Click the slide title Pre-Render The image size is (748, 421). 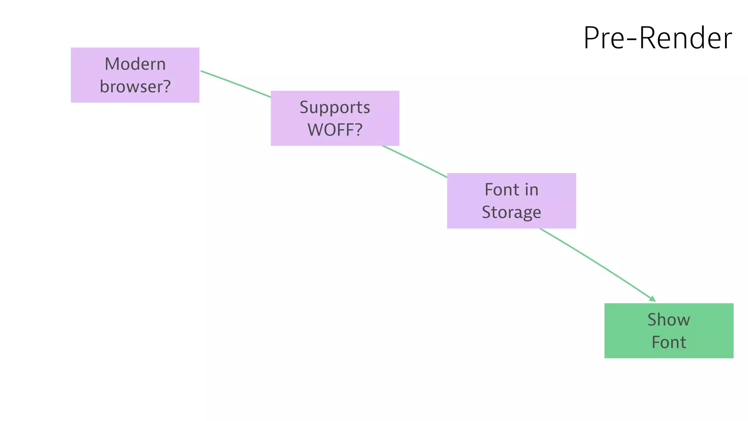(657, 38)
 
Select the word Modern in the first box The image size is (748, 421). (135, 64)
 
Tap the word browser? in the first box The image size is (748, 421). (135, 87)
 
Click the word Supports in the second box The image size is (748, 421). (335, 107)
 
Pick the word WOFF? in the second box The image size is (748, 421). (335, 130)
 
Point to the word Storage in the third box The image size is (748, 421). (511, 212)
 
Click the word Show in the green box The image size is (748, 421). (669, 320)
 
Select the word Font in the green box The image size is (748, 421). (669, 342)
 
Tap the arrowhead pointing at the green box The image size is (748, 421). (653, 299)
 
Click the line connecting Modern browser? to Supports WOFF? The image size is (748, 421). (236, 84)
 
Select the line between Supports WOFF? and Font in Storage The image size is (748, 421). (415, 162)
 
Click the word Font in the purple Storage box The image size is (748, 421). (502, 190)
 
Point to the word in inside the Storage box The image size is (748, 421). (531, 190)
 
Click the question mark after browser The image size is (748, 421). (167, 87)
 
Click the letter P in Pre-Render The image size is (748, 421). (592, 38)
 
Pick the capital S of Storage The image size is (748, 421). (486, 212)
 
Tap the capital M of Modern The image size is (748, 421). (111, 64)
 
